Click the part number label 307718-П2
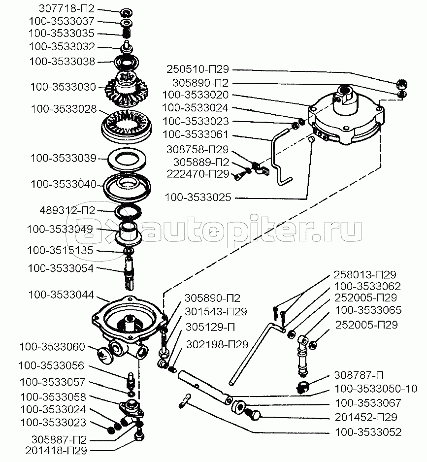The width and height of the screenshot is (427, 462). (66, 8)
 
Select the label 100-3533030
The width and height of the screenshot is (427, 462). (63, 87)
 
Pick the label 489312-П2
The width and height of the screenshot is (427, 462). (67, 210)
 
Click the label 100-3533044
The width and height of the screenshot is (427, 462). (61, 295)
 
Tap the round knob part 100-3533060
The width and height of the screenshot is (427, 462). (105, 355)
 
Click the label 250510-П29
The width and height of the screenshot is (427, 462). (197, 69)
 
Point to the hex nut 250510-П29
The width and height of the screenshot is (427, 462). (402, 84)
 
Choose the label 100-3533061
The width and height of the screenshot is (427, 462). (196, 134)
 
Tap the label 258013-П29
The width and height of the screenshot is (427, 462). (365, 275)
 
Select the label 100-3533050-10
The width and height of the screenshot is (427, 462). (376, 389)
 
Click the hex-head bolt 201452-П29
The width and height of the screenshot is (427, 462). (253, 414)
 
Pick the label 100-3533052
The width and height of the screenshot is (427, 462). (368, 432)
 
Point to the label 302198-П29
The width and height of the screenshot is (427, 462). (217, 344)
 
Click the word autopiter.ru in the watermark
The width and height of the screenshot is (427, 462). (254, 229)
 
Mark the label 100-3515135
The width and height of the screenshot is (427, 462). (60, 250)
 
